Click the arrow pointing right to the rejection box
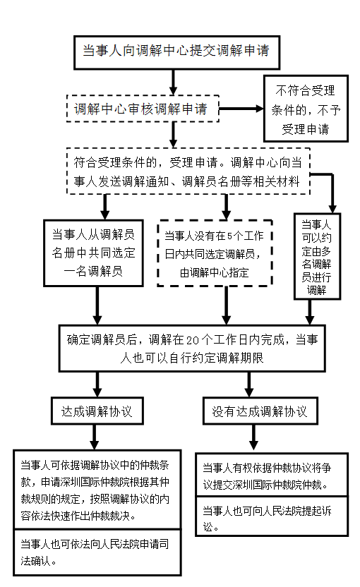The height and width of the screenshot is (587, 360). tap(241, 109)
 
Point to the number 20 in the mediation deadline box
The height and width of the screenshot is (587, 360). tap(192, 340)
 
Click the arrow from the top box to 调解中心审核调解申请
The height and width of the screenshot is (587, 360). tap(173, 83)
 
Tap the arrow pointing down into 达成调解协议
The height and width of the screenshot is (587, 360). tap(97, 385)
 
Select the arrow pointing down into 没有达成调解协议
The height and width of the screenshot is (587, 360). tap(249, 385)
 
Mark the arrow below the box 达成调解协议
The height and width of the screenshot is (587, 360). tap(95, 437)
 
